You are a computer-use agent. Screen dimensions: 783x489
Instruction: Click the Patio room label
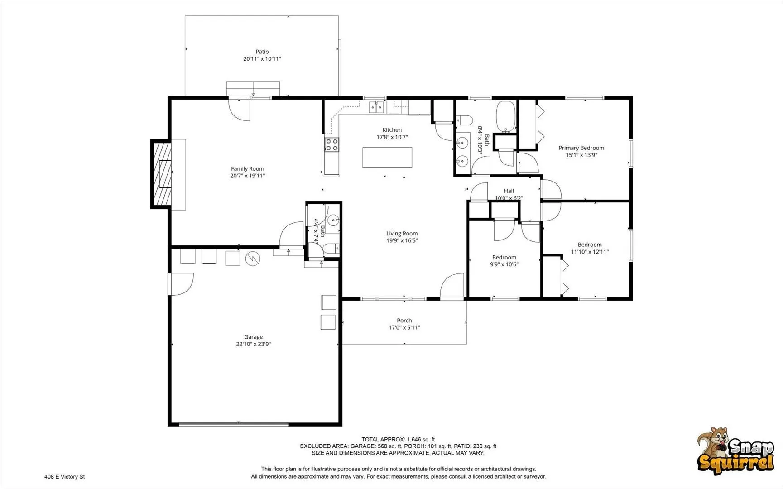pyautogui.click(x=262, y=52)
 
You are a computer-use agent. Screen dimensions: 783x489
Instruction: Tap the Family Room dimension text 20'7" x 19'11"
pyautogui.click(x=247, y=176)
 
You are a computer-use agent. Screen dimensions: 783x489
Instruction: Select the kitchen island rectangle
pyautogui.click(x=387, y=157)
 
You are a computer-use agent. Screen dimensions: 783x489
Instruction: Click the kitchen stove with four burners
pyautogui.click(x=331, y=145)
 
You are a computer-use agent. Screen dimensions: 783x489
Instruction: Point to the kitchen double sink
pyautogui.click(x=376, y=107)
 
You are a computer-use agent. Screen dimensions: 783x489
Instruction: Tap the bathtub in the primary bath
pyautogui.click(x=505, y=116)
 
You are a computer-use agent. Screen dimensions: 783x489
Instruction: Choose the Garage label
pyautogui.click(x=253, y=337)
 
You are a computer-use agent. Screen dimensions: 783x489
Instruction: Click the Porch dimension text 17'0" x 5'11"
pyautogui.click(x=404, y=327)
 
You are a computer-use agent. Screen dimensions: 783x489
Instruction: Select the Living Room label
pyautogui.click(x=402, y=234)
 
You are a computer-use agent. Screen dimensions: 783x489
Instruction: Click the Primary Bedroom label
pyautogui.click(x=581, y=148)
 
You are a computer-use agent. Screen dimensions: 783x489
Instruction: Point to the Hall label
pyautogui.click(x=509, y=191)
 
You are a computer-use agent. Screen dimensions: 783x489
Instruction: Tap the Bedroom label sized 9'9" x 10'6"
pyautogui.click(x=504, y=257)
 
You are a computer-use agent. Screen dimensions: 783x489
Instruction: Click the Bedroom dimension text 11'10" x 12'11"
pyautogui.click(x=590, y=252)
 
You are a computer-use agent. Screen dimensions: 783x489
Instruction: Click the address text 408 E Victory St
pyautogui.click(x=64, y=477)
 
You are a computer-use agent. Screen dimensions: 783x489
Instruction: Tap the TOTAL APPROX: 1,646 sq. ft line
pyautogui.click(x=398, y=439)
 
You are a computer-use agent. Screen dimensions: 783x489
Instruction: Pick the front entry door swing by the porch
pyautogui.click(x=452, y=286)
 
